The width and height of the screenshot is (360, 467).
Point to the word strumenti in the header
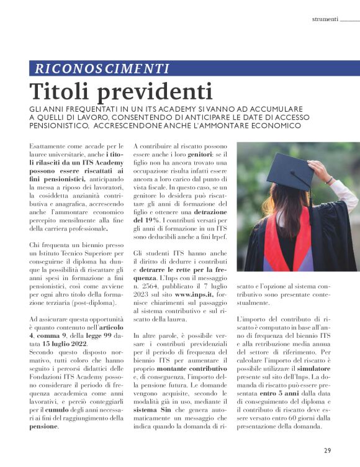pyautogui.click(x=325, y=19)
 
